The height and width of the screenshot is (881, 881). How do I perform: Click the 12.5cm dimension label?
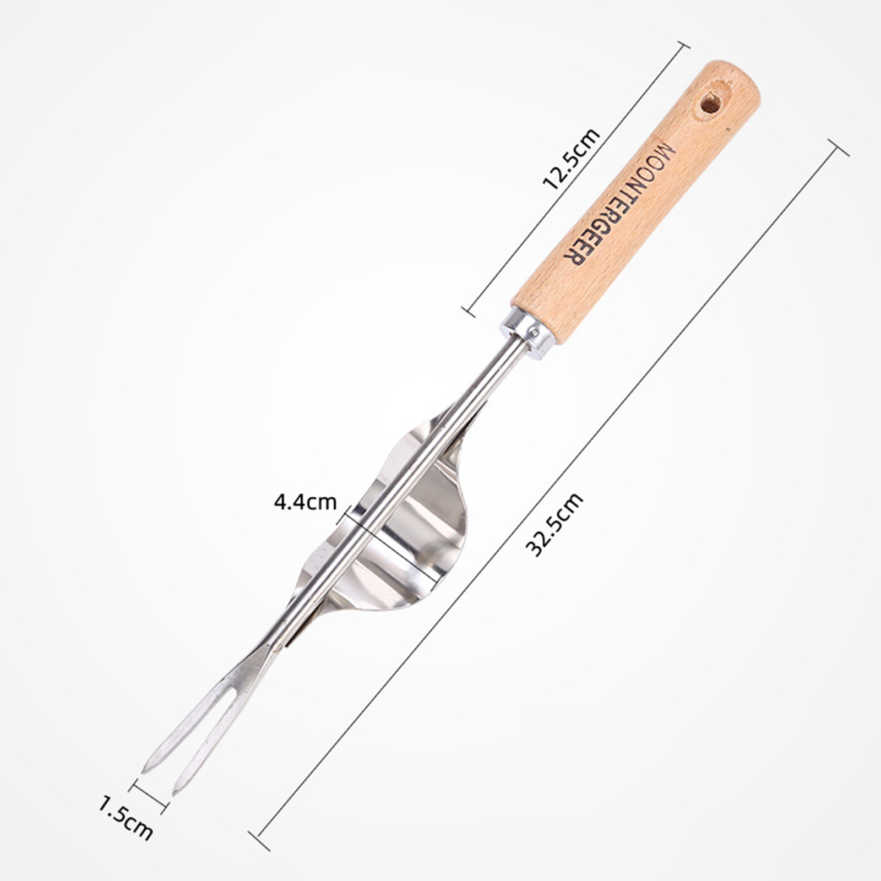[571, 159]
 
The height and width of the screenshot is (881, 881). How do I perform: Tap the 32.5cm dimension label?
[554, 524]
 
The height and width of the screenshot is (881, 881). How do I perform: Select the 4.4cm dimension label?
[305, 502]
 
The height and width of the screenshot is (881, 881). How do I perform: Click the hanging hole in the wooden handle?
[710, 104]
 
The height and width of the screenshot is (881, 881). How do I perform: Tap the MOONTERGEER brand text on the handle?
[620, 204]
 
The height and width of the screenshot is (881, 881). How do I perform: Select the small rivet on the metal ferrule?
[534, 331]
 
